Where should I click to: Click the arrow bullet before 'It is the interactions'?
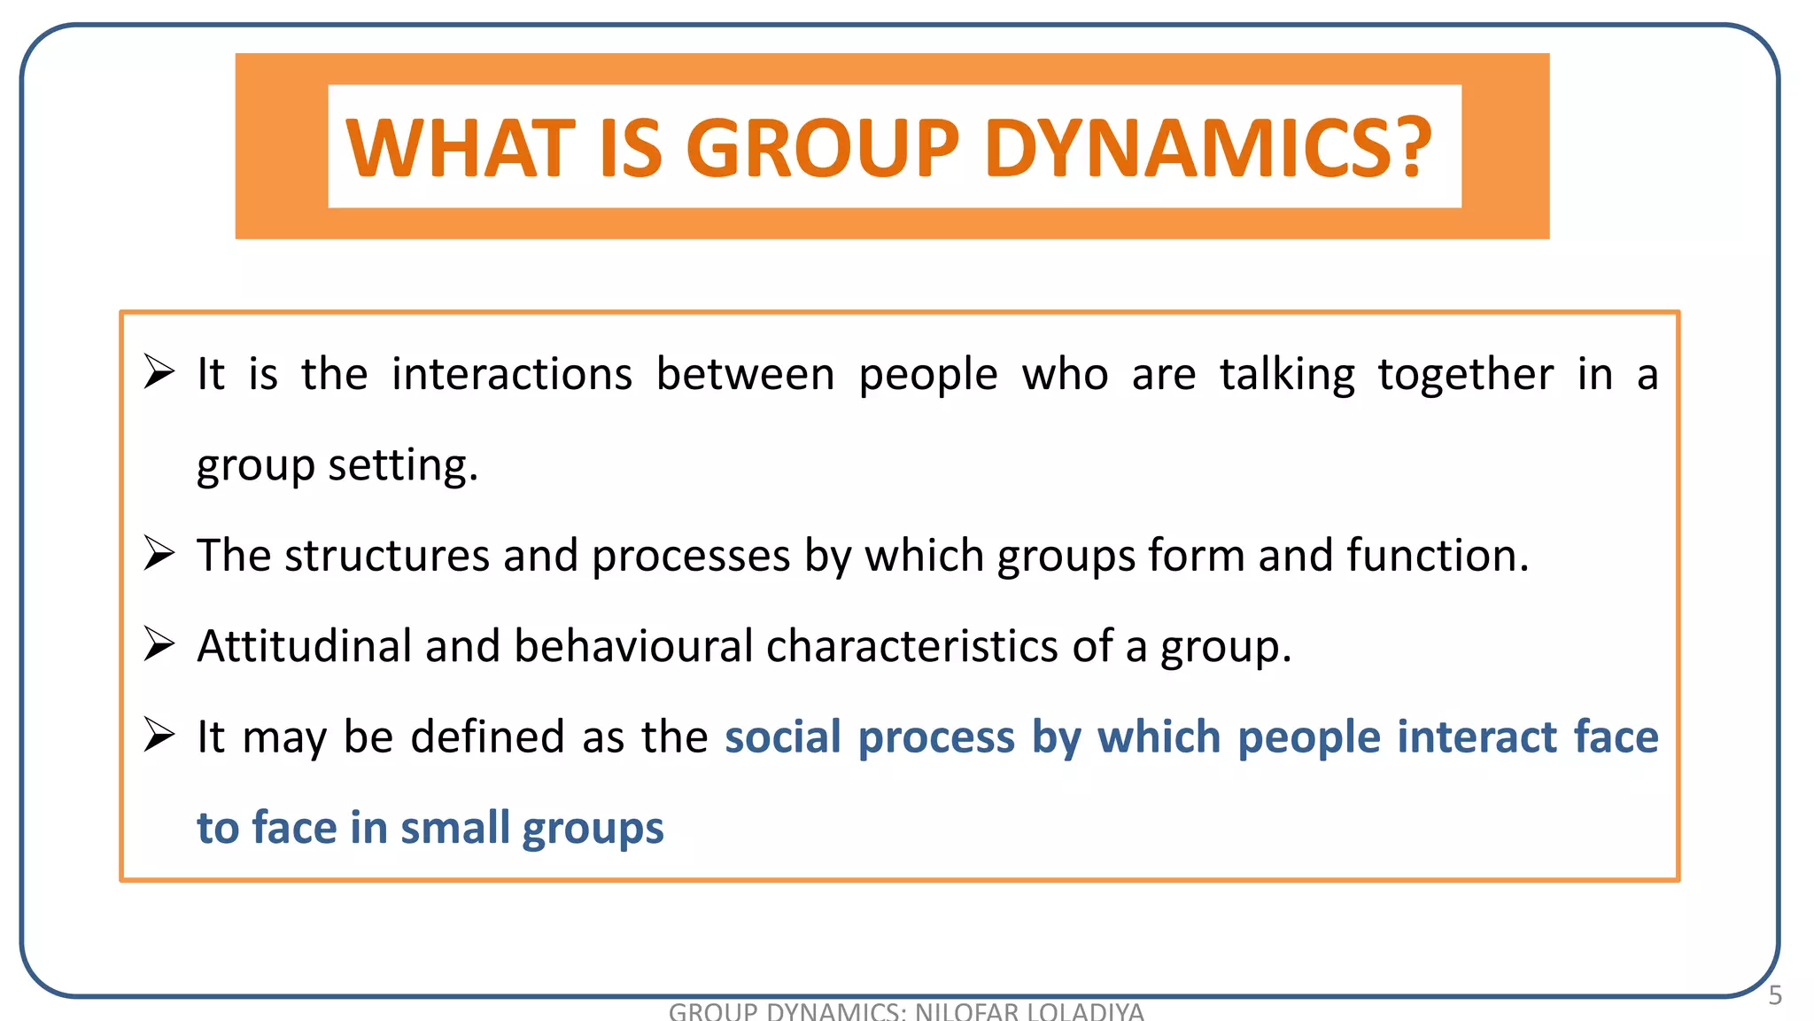click(159, 371)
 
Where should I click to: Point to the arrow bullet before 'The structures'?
click(159, 554)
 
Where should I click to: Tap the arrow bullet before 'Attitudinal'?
click(159, 644)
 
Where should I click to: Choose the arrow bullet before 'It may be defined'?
click(159, 735)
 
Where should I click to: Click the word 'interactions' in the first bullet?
click(512, 374)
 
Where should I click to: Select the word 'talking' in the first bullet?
click(1287, 374)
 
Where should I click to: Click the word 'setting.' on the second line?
click(403, 465)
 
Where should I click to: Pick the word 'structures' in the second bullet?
click(386, 556)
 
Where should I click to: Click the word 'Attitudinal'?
click(304, 646)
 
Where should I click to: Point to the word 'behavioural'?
click(633, 646)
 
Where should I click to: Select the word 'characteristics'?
click(912, 646)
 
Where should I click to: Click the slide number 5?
click(1774, 996)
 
